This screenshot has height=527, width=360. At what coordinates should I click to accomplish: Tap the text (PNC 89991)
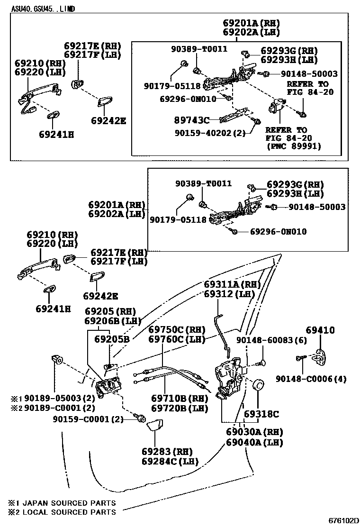pyautogui.click(x=293, y=146)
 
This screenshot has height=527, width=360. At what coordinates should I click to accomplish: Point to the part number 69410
pyautogui.click(x=320, y=330)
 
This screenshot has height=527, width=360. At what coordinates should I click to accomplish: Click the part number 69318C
pyautogui.click(x=261, y=414)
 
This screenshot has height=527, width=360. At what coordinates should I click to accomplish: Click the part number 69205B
pyautogui.click(x=112, y=339)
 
